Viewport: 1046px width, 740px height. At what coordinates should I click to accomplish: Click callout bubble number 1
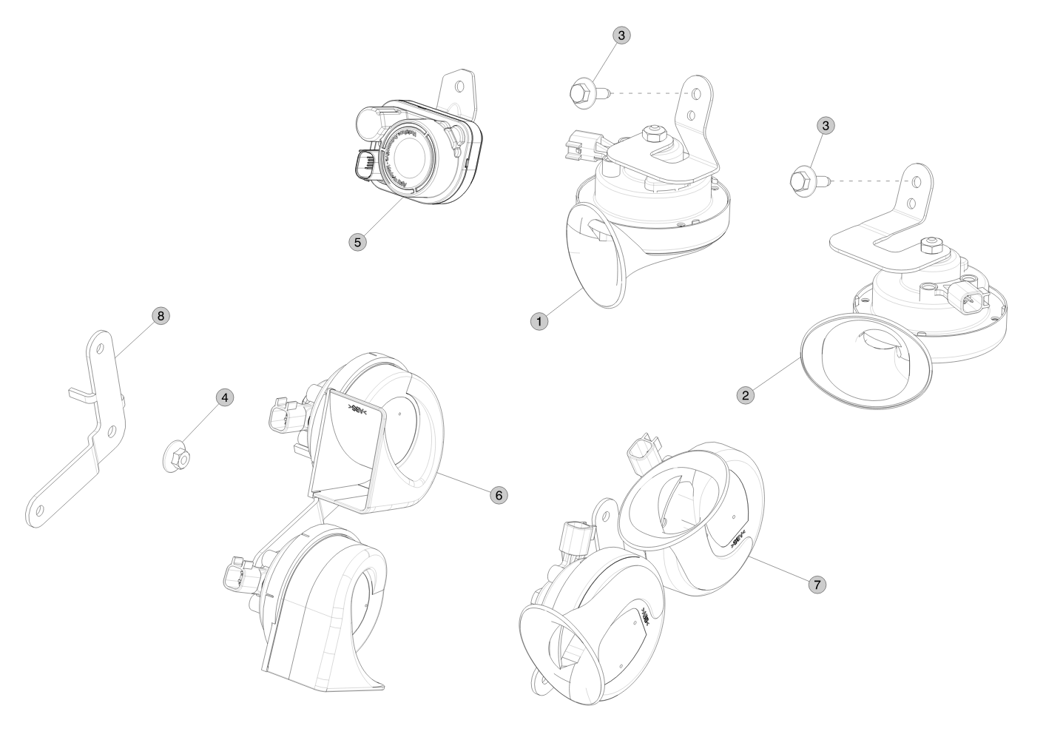point(539,321)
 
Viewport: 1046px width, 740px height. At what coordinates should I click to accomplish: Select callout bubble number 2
point(746,395)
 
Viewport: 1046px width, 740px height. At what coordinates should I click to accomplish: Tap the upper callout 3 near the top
point(621,35)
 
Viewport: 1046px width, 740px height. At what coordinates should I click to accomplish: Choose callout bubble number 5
point(358,241)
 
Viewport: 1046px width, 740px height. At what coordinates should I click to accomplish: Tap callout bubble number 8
point(160,316)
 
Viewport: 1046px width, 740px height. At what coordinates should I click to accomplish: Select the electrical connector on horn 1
point(580,142)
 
